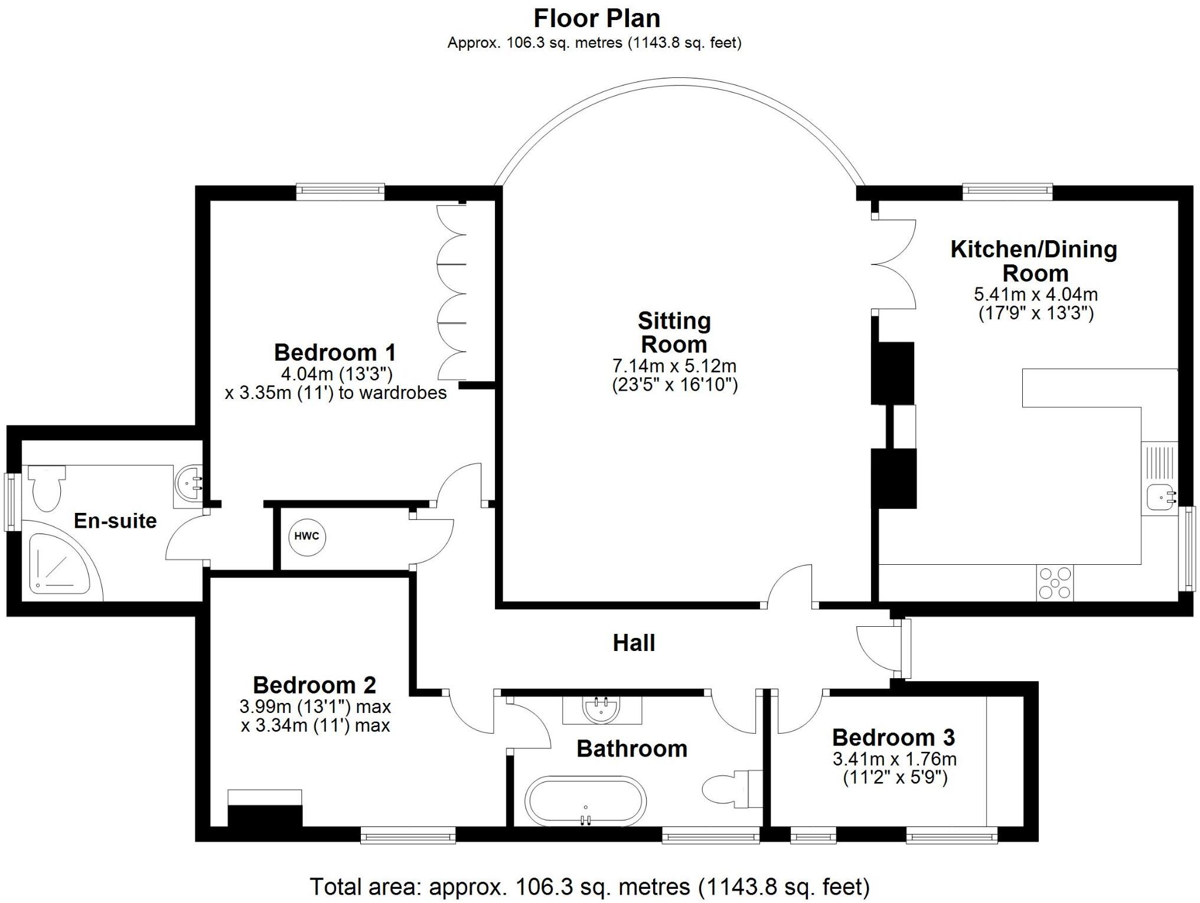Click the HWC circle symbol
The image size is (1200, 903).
click(306, 536)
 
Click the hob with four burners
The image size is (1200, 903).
click(1055, 583)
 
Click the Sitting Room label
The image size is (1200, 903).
click(674, 332)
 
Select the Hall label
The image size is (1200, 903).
click(634, 643)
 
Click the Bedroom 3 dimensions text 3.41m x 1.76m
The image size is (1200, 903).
click(895, 759)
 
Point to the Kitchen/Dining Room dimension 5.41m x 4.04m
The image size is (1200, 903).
click(1036, 294)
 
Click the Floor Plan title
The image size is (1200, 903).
click(596, 18)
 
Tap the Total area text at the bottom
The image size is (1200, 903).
click(589, 886)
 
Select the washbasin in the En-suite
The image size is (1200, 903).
click(189, 484)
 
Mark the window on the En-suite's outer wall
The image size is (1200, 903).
click(11, 502)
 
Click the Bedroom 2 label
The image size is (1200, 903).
click(314, 685)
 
